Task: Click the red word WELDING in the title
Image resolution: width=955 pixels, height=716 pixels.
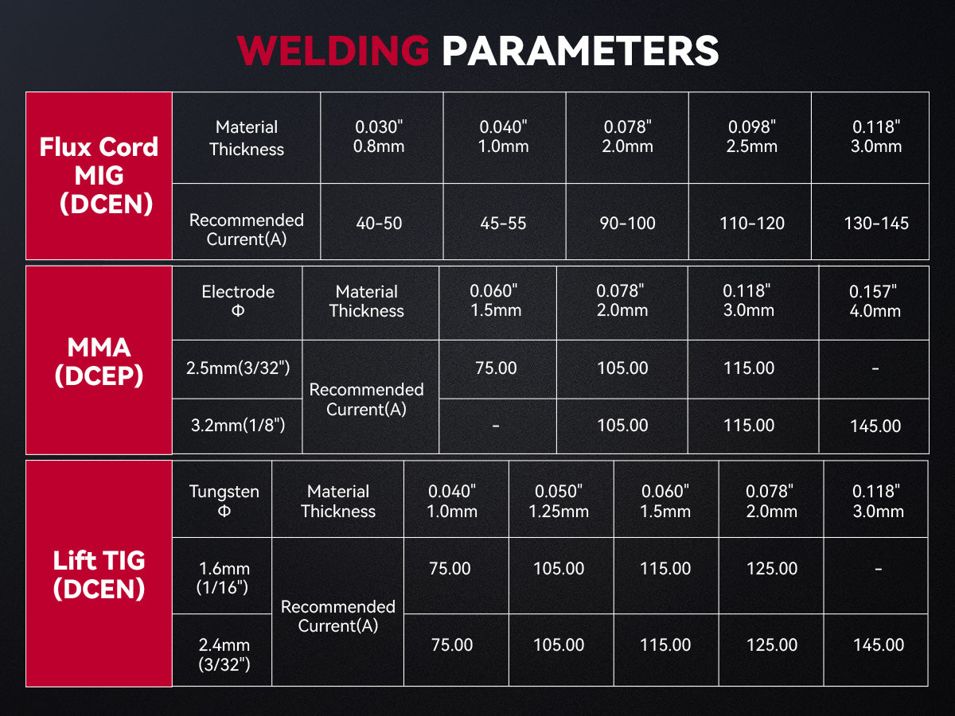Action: click(x=333, y=50)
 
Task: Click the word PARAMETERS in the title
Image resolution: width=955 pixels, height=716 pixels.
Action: click(x=580, y=50)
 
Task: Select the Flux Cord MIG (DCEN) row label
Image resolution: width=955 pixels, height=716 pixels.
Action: click(x=99, y=175)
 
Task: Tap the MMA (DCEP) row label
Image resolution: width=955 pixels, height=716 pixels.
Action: click(x=99, y=361)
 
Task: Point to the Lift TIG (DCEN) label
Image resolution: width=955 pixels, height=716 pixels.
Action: click(x=99, y=574)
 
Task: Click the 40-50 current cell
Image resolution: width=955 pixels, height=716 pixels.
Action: click(x=379, y=224)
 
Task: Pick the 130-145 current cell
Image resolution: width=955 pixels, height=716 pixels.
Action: click(x=876, y=224)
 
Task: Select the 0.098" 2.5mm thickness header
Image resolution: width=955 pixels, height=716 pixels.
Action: click(x=752, y=137)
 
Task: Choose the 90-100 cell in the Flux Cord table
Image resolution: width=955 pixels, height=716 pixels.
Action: click(x=627, y=224)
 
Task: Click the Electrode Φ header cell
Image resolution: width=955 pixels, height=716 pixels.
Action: click(x=238, y=301)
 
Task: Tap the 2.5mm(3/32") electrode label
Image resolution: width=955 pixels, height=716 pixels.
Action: click(x=238, y=368)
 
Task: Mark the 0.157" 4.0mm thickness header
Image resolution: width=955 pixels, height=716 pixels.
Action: click(x=875, y=301)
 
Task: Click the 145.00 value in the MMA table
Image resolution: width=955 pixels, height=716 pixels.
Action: click(x=875, y=426)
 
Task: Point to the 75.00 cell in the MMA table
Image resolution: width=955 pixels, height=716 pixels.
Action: click(x=496, y=368)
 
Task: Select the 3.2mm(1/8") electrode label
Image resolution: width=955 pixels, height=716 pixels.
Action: click(x=238, y=425)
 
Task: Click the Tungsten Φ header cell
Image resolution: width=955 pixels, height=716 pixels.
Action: click(x=224, y=501)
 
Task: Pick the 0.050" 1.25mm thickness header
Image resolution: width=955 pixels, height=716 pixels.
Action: click(x=559, y=501)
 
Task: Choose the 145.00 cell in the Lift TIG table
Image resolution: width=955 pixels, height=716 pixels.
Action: click(x=879, y=644)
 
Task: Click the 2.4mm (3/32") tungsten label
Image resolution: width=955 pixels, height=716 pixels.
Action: click(x=224, y=654)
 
